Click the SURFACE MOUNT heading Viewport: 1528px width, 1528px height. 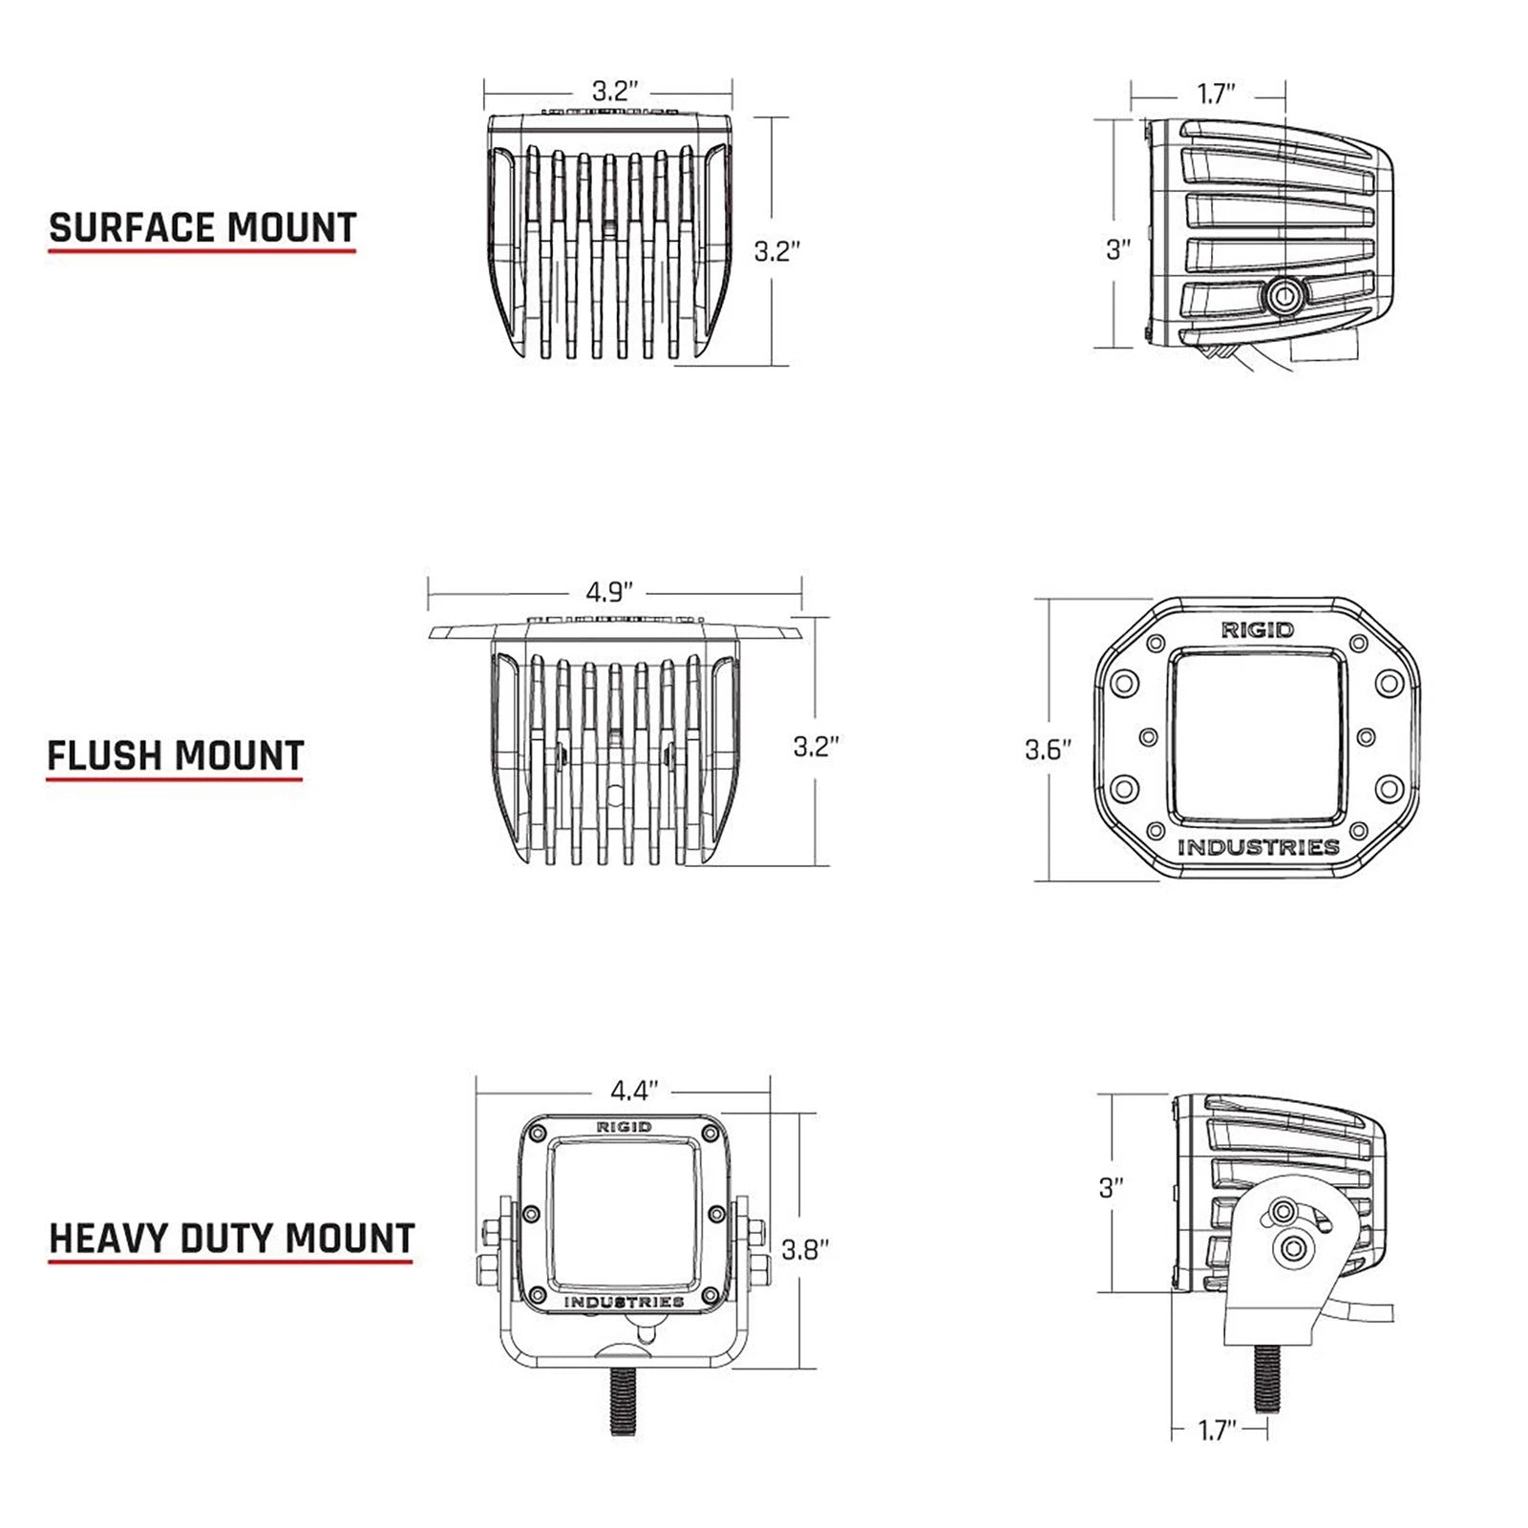pos(202,228)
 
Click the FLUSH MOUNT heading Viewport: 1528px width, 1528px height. pos(176,755)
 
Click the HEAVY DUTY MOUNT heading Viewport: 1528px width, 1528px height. pos(231,1239)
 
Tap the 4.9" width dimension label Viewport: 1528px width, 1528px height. pos(609,592)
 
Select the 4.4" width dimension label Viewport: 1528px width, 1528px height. pos(635,1090)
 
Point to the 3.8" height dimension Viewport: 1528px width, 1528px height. pos(804,1249)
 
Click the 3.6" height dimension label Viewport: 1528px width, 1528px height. pos(1048,750)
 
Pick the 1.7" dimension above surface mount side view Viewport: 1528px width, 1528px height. pos(1216,94)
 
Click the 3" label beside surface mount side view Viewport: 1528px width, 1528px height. pos(1117,249)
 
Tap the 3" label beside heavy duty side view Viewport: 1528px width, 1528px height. pos(1111,1188)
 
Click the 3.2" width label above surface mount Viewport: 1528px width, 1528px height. pos(614,92)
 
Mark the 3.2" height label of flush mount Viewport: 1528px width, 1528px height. pos(816,746)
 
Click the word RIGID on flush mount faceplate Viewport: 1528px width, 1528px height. pos(1258,629)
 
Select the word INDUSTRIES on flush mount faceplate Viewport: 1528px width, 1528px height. pos(1258,847)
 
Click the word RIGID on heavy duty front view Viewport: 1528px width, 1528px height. pos(624,1127)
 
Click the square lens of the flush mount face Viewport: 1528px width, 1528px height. pos(1258,736)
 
